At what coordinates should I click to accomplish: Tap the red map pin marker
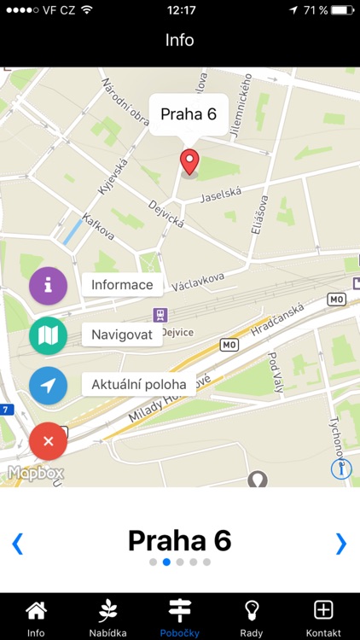pyautogui.click(x=189, y=161)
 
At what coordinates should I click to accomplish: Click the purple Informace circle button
pyautogui.click(x=49, y=286)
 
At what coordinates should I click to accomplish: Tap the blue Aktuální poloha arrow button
pyautogui.click(x=49, y=386)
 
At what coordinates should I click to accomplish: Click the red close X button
pyautogui.click(x=49, y=441)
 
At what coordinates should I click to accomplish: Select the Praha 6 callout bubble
pyautogui.click(x=189, y=114)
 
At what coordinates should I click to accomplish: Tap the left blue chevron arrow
pyautogui.click(x=17, y=543)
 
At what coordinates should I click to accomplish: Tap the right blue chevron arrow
pyautogui.click(x=341, y=543)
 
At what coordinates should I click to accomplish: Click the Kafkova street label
pyautogui.click(x=100, y=227)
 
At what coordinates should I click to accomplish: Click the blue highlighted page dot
pyautogui.click(x=167, y=562)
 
